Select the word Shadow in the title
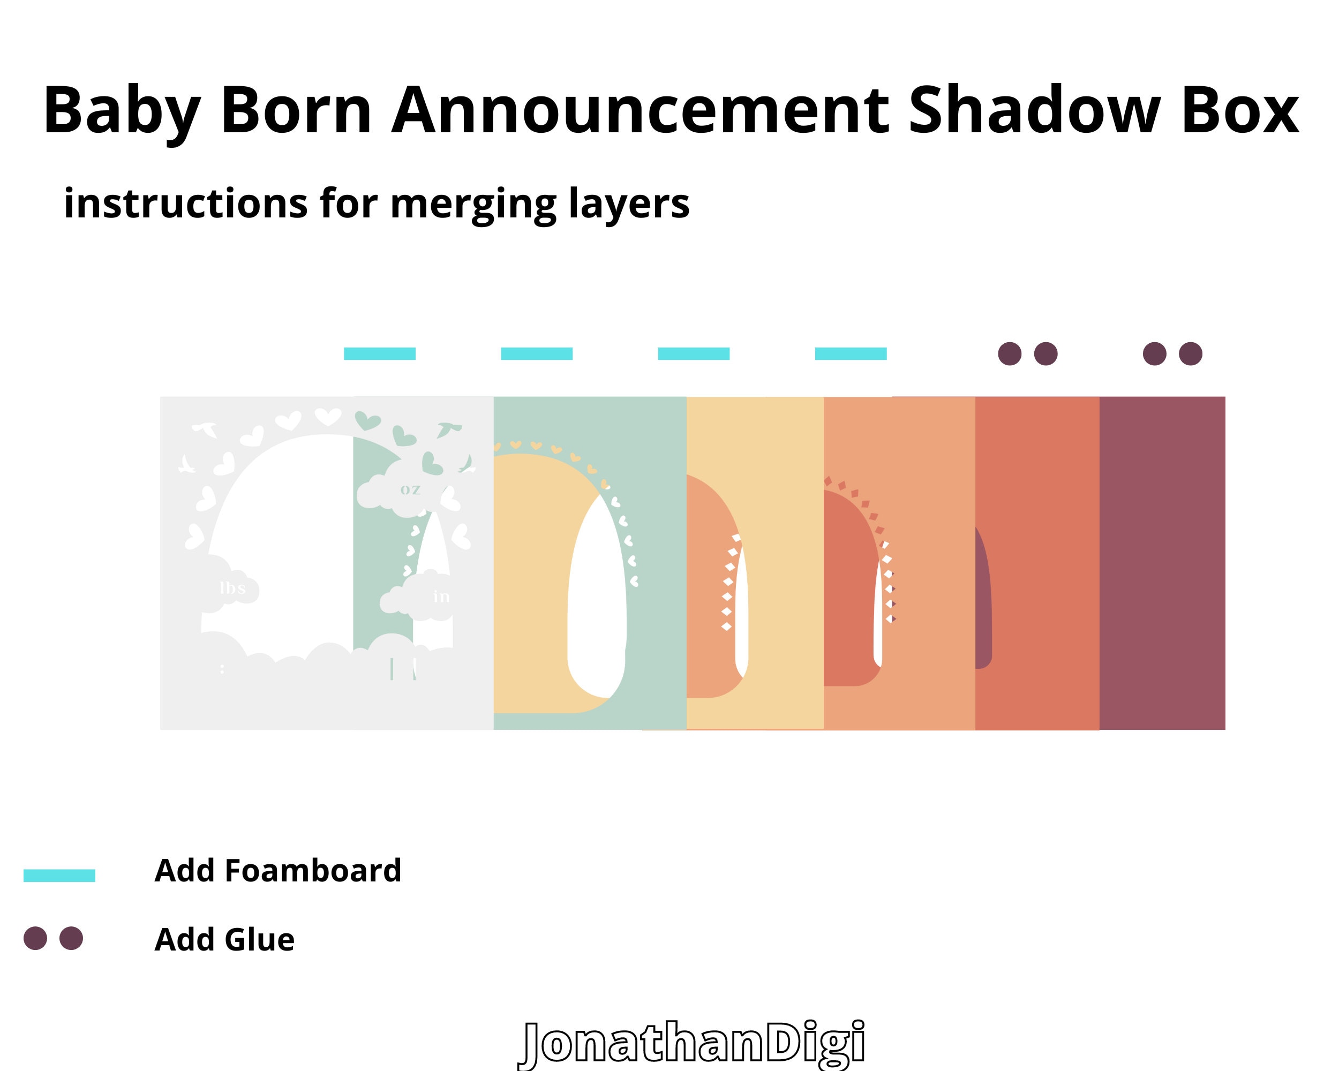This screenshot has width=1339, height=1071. click(1034, 110)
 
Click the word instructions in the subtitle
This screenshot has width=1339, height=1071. click(185, 203)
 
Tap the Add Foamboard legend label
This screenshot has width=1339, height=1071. click(277, 871)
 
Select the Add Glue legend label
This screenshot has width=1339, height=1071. click(224, 939)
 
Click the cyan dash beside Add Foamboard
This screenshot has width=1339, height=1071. click(59, 876)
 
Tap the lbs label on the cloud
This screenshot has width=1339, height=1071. click(233, 588)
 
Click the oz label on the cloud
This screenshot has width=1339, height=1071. click(410, 490)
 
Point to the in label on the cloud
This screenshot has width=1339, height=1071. click(441, 597)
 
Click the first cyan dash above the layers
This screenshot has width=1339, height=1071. click(379, 354)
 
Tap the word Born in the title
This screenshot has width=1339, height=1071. click(296, 110)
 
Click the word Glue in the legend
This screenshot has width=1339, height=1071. click(259, 939)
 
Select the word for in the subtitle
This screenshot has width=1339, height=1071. click(349, 203)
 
